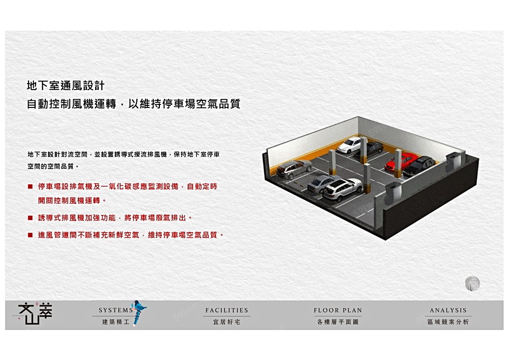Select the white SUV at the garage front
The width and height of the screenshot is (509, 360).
pyautogui.click(x=343, y=190)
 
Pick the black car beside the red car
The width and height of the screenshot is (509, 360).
pyautogui.click(x=419, y=166)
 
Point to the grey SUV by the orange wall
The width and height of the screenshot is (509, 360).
pyautogui.click(x=294, y=169)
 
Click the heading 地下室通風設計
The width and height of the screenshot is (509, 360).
pyautogui.click(x=66, y=86)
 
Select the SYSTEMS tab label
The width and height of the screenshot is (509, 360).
pyautogui.click(x=116, y=310)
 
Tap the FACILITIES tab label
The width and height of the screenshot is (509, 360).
pyautogui.click(x=227, y=310)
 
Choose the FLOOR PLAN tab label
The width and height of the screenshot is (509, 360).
pyautogui.click(x=338, y=310)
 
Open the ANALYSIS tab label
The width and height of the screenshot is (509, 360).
pyautogui.click(x=448, y=310)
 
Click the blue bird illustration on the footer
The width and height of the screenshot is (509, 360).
pyautogui.click(x=138, y=312)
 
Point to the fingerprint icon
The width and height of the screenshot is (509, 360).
pyautogui.click(x=472, y=284)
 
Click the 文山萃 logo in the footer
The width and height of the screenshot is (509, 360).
pyautogui.click(x=35, y=314)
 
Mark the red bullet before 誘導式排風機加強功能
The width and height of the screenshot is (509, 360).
pyautogui.click(x=30, y=218)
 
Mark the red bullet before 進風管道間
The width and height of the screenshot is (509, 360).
pyautogui.click(x=30, y=235)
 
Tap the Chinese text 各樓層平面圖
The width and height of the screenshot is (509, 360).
pyautogui.click(x=338, y=322)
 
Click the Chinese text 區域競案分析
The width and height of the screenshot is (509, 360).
pyautogui.click(x=448, y=322)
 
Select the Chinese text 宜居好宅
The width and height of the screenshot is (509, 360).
pyautogui.click(x=227, y=322)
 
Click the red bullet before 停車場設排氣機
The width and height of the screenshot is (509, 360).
pyautogui.click(x=30, y=187)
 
